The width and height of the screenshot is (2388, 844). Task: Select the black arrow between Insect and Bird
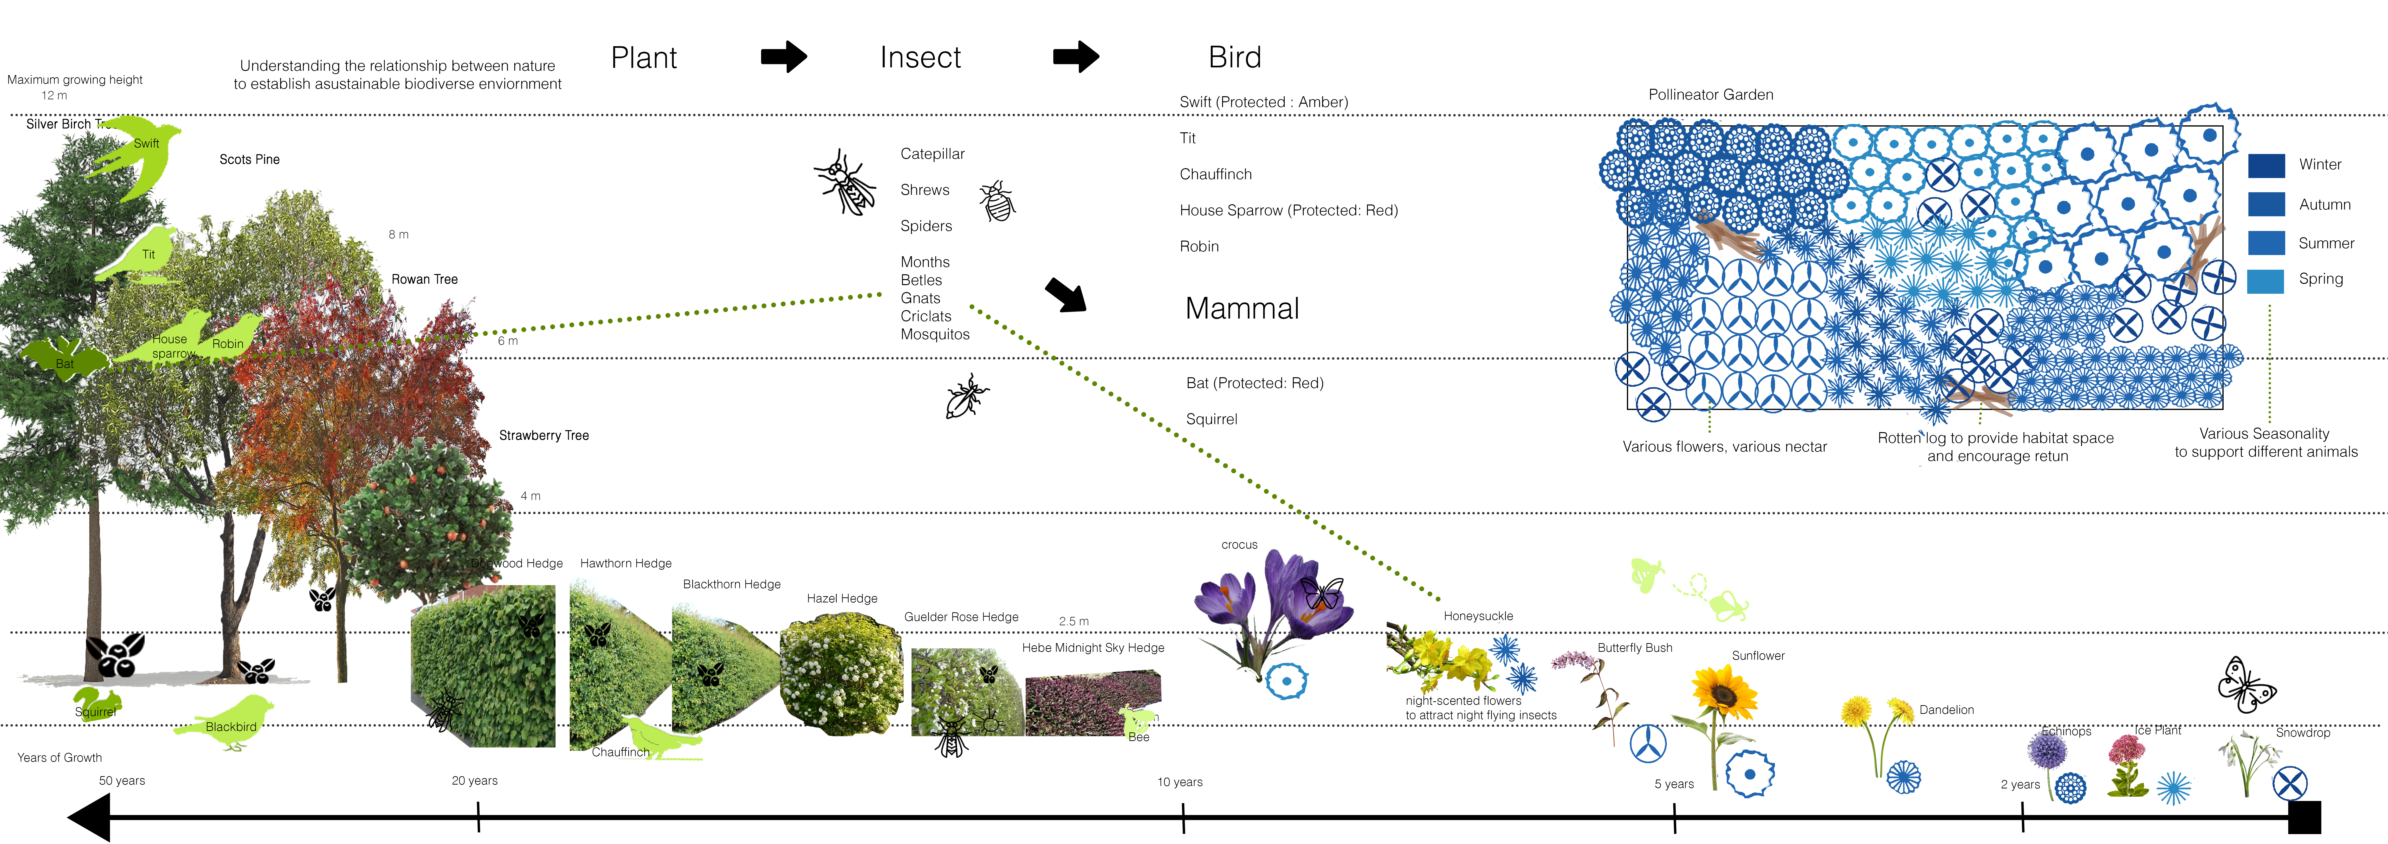[x=1075, y=57]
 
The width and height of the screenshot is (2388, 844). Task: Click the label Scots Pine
[x=249, y=159]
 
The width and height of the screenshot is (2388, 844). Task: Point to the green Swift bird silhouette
[x=139, y=156]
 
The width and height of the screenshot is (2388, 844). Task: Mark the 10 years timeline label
[x=1179, y=782]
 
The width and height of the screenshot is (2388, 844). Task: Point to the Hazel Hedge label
[x=842, y=599]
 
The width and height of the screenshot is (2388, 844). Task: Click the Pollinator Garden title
[x=1710, y=95]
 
